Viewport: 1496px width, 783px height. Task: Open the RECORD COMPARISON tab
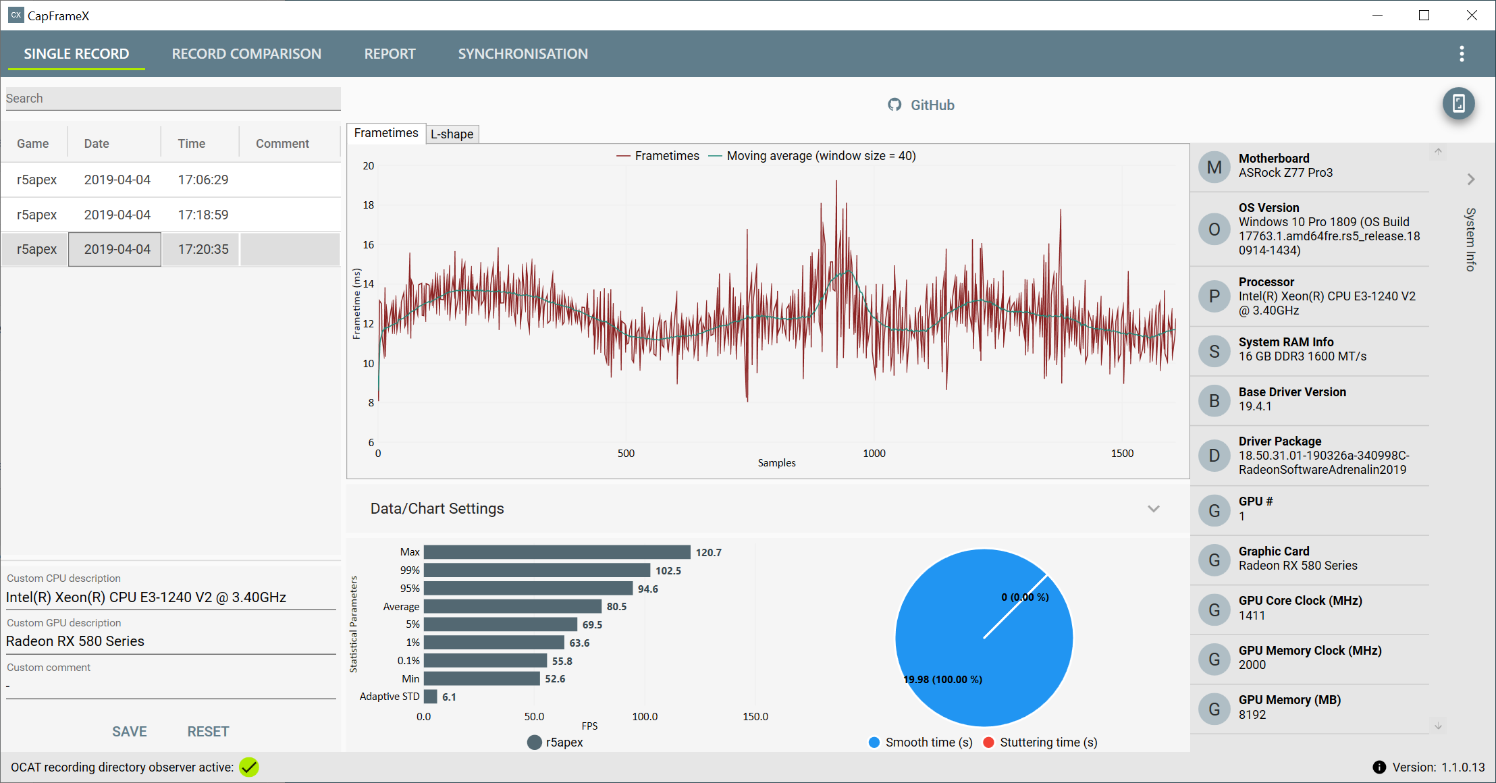246,54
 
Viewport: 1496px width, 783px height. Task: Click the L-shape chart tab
452,134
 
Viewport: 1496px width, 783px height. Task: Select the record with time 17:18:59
203,215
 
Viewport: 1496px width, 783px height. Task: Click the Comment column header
282,144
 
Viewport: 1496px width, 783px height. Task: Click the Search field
173,99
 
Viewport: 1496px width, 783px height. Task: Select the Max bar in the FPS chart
557,552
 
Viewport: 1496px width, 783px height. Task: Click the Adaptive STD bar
431,697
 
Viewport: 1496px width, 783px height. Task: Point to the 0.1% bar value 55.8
562,661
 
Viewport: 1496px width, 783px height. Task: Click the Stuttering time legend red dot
988,742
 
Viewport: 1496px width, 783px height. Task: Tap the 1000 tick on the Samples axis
874,454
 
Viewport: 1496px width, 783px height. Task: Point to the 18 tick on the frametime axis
369,205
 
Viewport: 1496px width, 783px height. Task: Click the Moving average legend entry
812,156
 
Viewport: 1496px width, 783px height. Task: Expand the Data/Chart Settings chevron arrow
1154,509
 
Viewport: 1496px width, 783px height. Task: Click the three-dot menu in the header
1462,54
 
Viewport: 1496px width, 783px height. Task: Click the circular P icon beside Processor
1214,296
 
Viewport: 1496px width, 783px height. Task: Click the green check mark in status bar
249,767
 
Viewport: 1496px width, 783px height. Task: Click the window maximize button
1424,15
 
